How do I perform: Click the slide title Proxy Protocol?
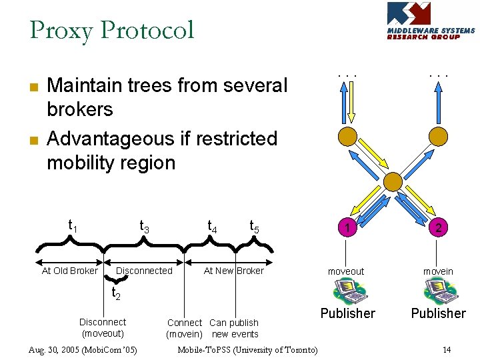[x=112, y=30]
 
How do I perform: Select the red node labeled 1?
[x=347, y=228]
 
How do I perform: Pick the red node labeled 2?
[x=438, y=228]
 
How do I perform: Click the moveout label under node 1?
[x=346, y=271]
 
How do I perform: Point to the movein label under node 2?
[x=438, y=271]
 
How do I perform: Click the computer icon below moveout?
[x=347, y=291]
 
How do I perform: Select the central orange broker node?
[x=393, y=181]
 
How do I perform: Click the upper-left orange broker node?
[x=347, y=137]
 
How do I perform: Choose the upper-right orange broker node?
[x=438, y=137]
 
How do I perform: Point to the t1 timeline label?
[x=73, y=227]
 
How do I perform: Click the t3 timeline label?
[x=144, y=227]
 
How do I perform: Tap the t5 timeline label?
[x=254, y=227]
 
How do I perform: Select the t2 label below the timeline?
[x=115, y=293]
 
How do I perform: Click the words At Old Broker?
[x=69, y=271]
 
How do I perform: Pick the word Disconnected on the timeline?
[x=144, y=271]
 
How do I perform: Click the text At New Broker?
[x=233, y=271]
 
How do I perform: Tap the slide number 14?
[x=447, y=350]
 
